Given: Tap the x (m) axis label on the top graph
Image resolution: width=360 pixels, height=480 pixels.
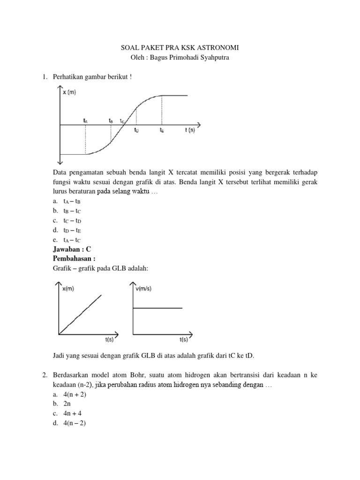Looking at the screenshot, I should click(69, 92).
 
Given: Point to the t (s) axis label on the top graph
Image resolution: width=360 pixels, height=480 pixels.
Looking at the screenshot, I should click(189, 130).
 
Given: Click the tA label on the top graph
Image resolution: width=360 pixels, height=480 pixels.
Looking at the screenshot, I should click(85, 120).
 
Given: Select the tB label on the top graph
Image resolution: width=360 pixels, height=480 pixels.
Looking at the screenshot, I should click(111, 120).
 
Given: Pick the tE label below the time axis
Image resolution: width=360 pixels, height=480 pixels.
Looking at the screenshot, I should click(162, 130).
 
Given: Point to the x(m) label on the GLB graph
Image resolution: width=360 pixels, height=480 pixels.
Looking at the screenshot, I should click(69, 289).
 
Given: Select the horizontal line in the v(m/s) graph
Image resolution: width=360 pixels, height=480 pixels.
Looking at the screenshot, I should click(158, 308).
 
